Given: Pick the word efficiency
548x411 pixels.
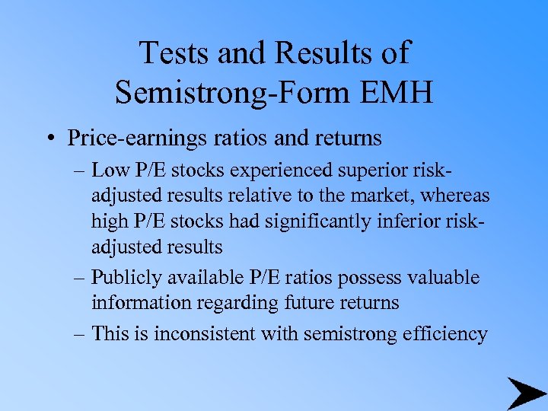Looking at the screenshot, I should pyautogui.click(x=444, y=333).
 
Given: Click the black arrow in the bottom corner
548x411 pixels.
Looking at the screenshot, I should pyautogui.click(x=525, y=393).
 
